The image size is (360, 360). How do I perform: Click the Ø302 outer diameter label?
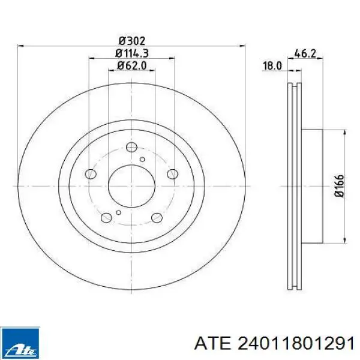(x=132, y=41)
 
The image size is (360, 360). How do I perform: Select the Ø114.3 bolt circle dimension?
(x=132, y=53)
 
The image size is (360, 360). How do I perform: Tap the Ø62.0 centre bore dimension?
(x=132, y=65)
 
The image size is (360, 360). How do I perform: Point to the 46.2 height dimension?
(x=305, y=54)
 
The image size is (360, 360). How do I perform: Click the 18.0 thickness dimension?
(x=272, y=66)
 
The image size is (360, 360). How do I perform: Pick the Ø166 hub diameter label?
(x=340, y=186)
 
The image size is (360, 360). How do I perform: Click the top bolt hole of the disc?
(x=131, y=147)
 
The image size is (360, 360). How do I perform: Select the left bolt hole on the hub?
(x=91, y=174)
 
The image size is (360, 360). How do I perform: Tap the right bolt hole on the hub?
(x=172, y=174)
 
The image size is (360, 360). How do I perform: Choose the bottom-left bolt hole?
(x=106, y=217)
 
